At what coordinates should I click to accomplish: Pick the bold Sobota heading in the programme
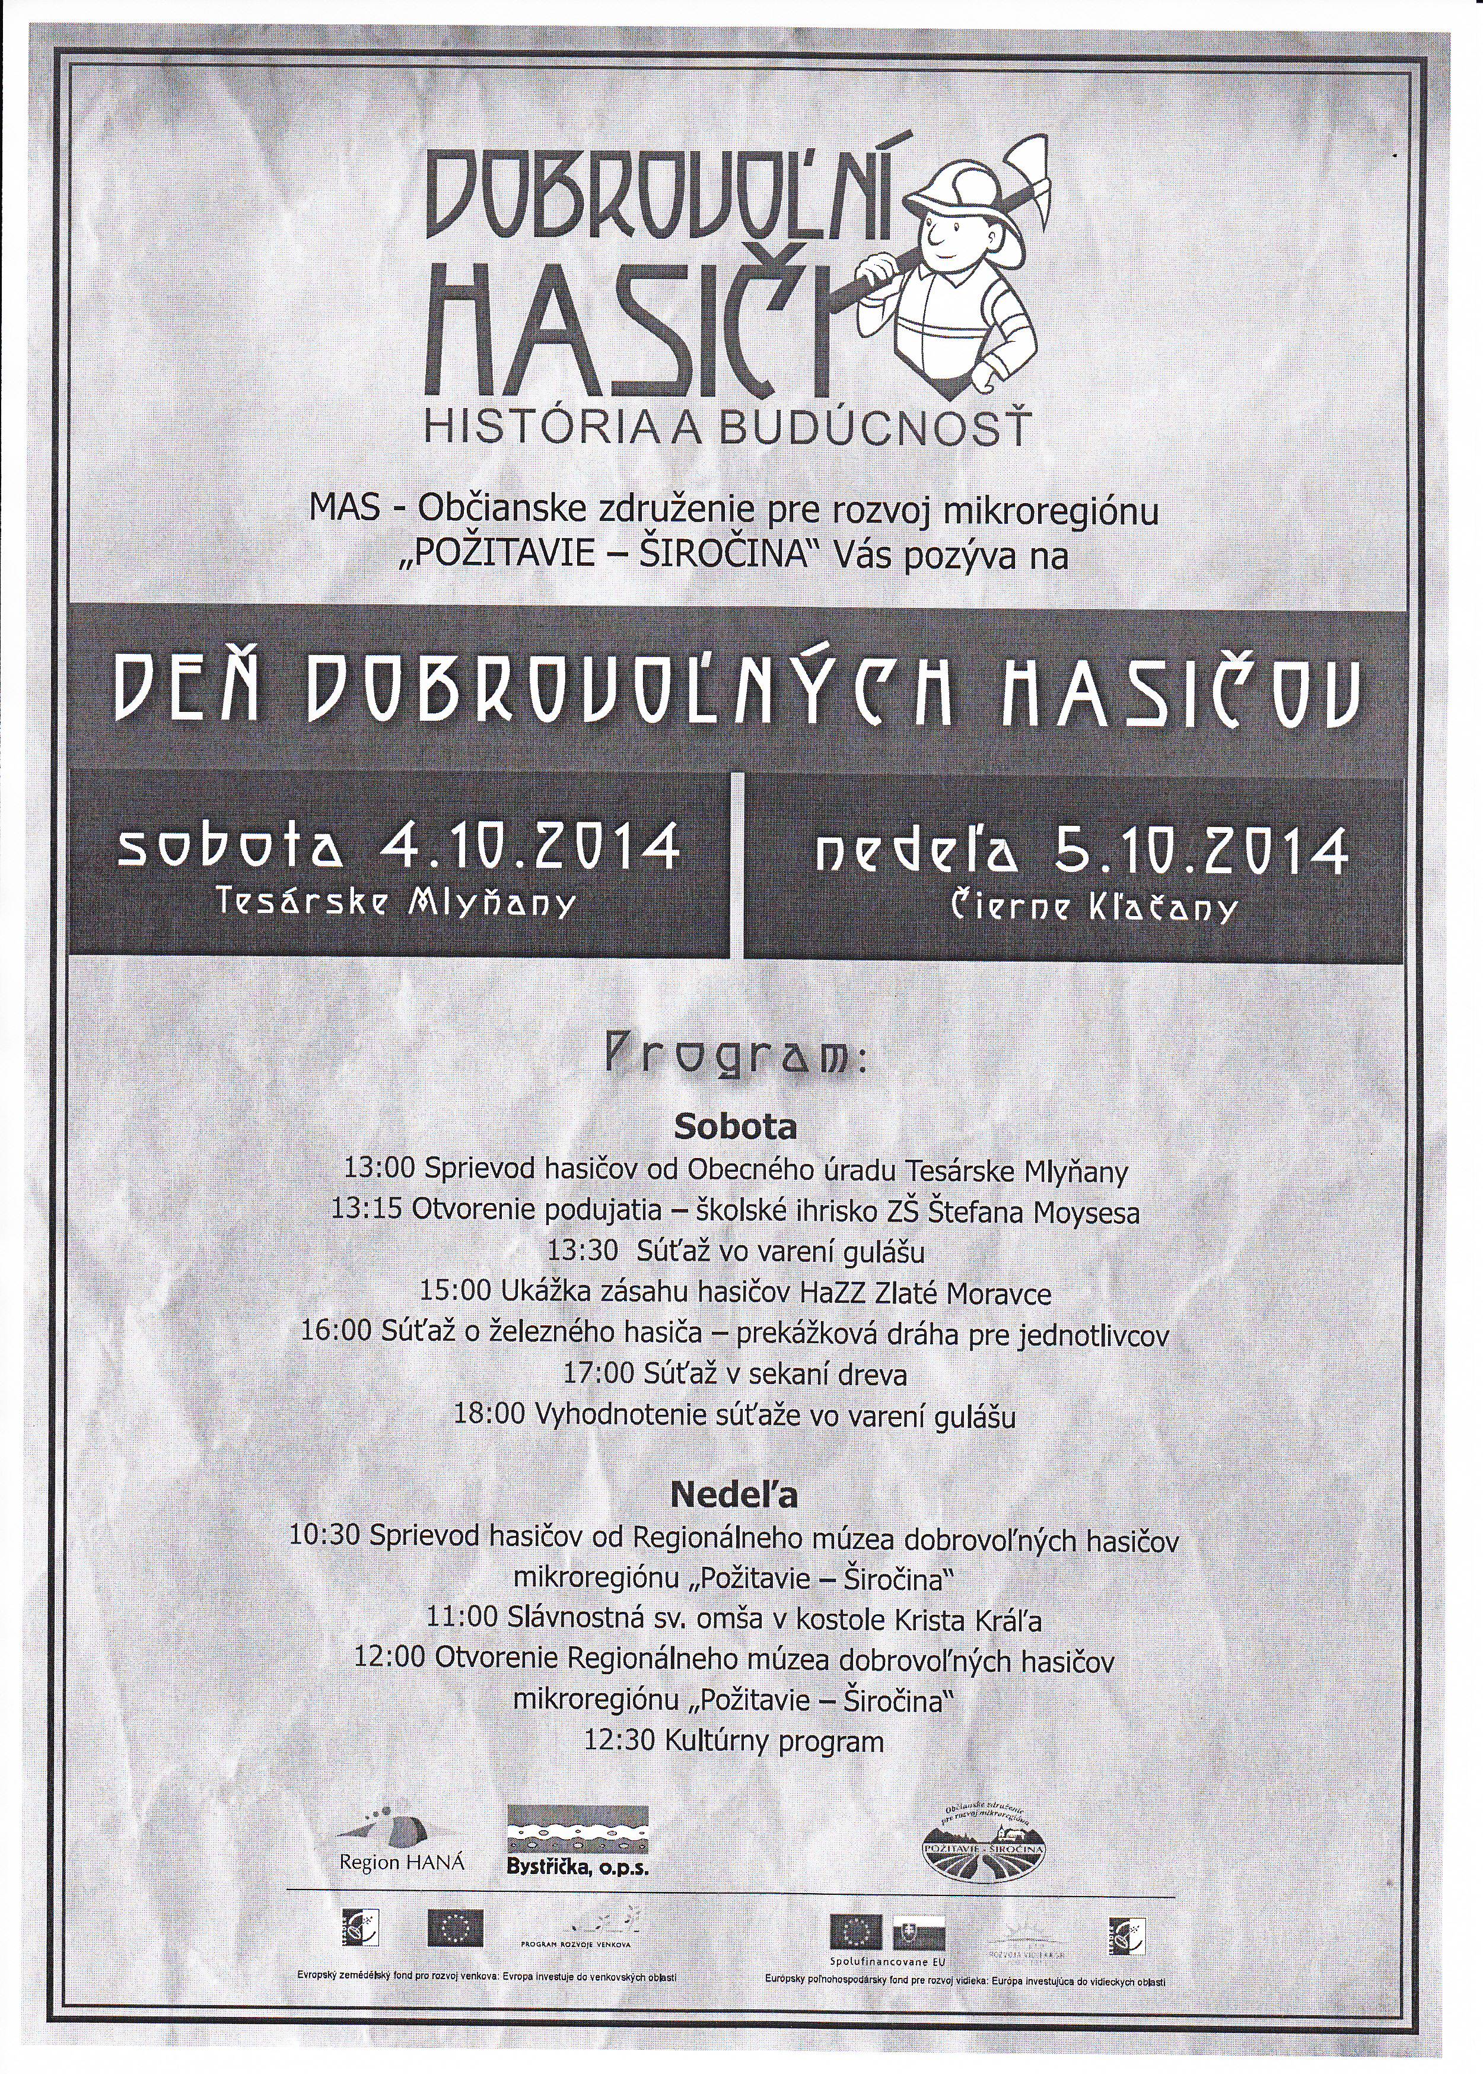(735, 1127)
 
